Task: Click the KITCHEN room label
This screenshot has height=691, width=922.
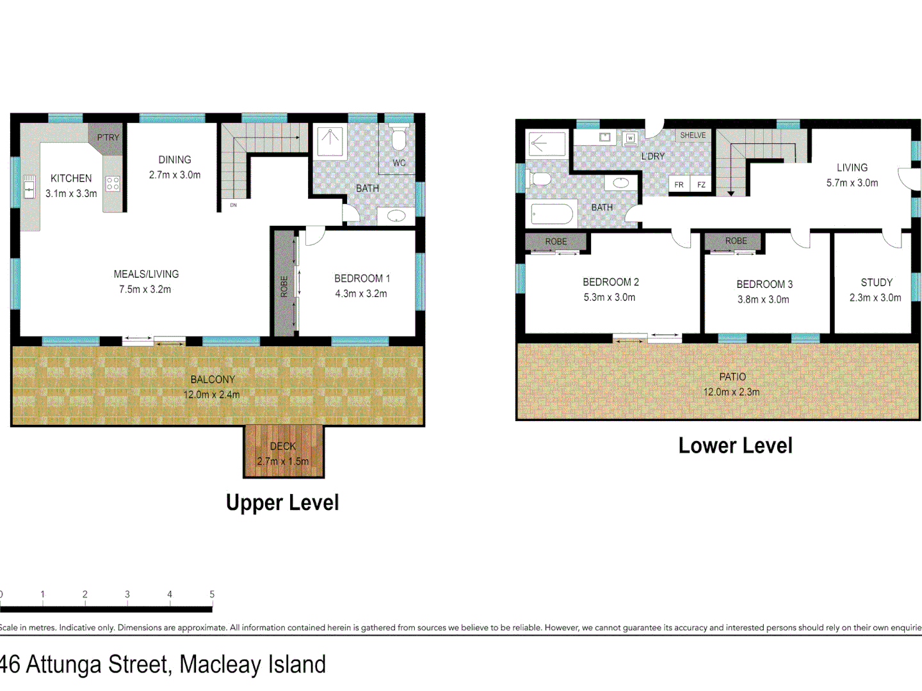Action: pos(71,179)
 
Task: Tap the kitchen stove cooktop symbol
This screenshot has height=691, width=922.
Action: pos(113,184)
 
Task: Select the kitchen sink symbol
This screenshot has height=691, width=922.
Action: pos(29,187)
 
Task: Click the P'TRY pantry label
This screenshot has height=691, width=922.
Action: pos(108,138)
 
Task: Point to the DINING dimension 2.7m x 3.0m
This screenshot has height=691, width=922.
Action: pos(175,175)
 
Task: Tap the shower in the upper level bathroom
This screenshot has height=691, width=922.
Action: pos(330,141)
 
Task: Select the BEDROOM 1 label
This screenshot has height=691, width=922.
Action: pos(362,278)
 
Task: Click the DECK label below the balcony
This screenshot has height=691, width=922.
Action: pos(282,446)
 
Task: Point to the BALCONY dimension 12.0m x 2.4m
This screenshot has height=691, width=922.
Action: pos(212,395)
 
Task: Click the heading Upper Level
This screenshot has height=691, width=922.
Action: pos(282,503)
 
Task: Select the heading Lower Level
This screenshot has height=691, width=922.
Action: pos(735,446)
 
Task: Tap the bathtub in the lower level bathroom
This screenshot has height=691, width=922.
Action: pos(551,214)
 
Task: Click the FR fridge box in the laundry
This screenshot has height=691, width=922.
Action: pos(679,185)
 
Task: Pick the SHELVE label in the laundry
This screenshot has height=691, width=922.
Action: pos(693,136)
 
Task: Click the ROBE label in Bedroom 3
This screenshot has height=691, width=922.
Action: pos(736,241)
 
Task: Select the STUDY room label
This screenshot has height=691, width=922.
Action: pos(876,282)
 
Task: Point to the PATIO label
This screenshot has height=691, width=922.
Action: pos(732,377)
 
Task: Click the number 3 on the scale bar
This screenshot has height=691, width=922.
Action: pos(127,594)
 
